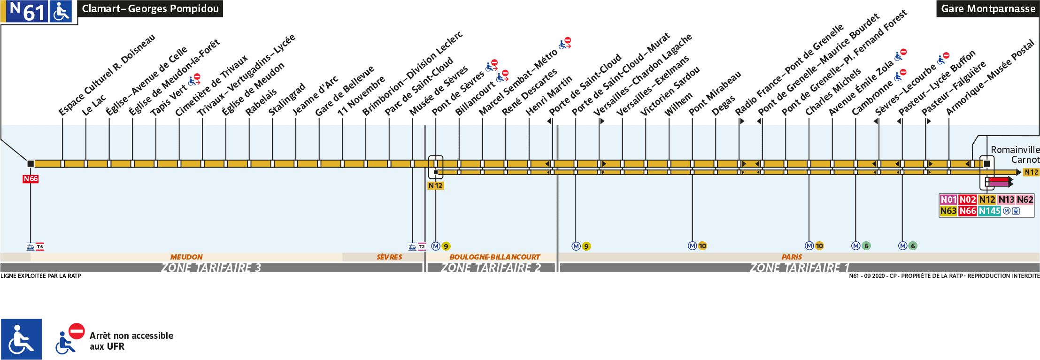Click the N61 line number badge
[27, 11]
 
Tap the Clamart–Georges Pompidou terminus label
[150, 8]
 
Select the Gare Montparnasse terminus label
[988, 8]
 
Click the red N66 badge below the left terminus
[31, 179]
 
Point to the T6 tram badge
[40, 246]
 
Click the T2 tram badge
[422, 246]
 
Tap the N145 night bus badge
[989, 211]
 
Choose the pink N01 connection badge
[948, 199]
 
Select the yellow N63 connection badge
[948, 211]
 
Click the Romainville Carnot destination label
[1014, 154]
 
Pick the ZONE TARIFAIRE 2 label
[491, 268]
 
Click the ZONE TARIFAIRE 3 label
[211, 268]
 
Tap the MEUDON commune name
[186, 257]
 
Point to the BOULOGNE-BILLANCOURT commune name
[494, 257]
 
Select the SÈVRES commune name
[389, 257]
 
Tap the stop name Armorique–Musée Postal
[990, 77]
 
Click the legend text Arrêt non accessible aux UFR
[131, 341]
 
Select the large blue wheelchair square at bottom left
[21, 339]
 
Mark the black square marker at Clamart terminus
[31, 164]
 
